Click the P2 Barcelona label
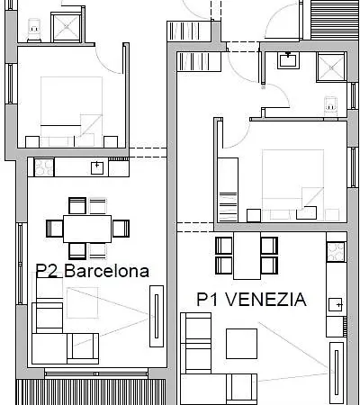tap(93, 271)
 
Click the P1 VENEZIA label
tap(251, 300)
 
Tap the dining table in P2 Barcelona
tap(87, 229)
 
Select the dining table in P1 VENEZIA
tap(247, 256)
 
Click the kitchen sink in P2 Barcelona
tap(97, 168)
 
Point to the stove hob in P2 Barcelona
tap(44, 167)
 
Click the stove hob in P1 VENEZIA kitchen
tap(336, 252)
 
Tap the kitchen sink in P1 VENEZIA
tap(335, 305)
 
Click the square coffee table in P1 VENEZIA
tap(241, 344)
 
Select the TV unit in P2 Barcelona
tap(157, 316)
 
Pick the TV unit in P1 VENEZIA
tap(337, 373)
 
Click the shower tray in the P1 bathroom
tap(332, 67)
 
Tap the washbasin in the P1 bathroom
tap(288, 60)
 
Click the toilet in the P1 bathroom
tap(330, 105)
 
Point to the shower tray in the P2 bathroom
tap(67, 28)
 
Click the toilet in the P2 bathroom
tap(34, 30)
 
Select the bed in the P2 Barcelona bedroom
tap(71, 112)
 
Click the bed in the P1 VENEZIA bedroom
tap(293, 185)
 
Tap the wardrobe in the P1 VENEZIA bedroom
tap(228, 190)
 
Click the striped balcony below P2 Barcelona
tap(91, 392)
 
